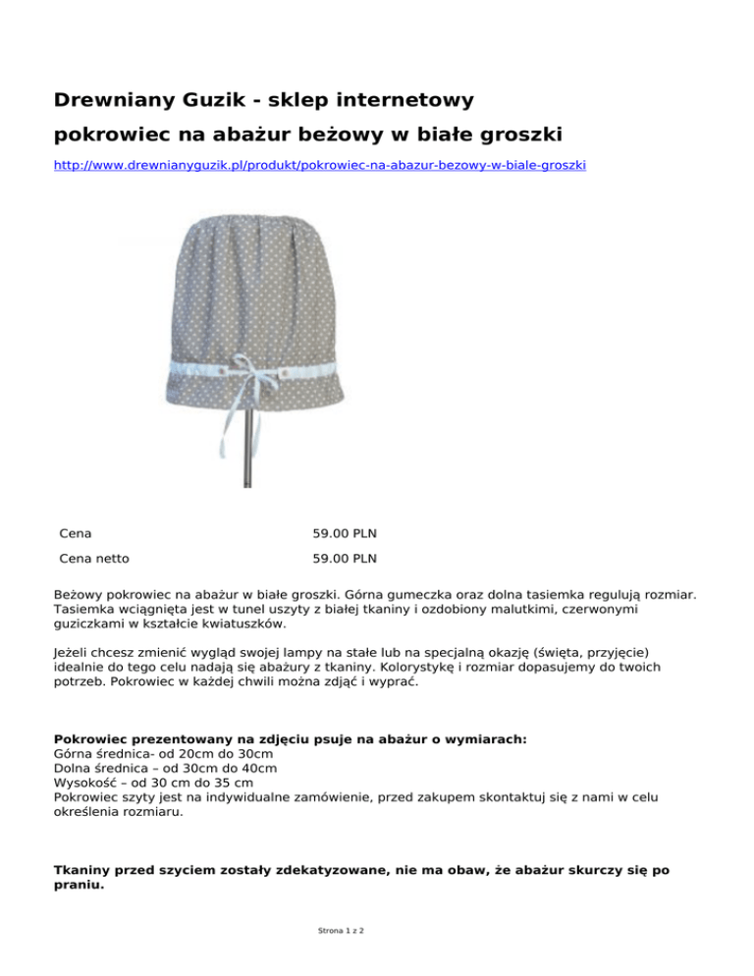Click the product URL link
coord(319,166)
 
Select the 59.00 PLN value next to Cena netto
coord(345,560)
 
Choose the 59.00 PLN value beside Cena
coord(345,533)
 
